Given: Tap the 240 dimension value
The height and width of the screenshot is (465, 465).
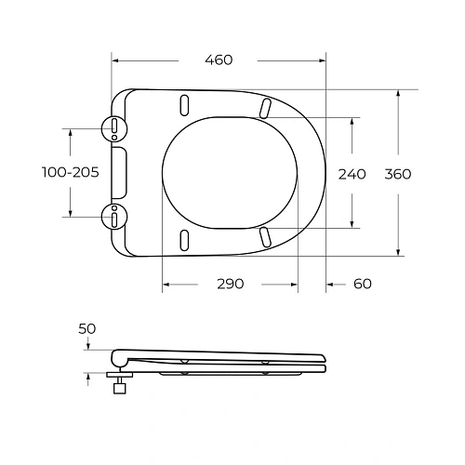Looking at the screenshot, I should coord(352,173).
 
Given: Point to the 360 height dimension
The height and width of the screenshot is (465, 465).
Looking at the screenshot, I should coord(397,173).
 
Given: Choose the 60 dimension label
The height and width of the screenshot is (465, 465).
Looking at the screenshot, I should coord(362,283).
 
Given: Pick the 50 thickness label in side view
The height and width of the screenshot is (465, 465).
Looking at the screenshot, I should coord(87,329).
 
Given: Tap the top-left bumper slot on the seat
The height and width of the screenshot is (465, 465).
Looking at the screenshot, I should coord(183,104).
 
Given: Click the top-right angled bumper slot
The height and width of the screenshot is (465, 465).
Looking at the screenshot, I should coord(267,107).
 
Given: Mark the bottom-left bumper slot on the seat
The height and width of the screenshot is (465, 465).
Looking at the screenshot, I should coord(183,239).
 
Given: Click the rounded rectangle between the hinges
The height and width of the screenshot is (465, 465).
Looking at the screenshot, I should coord(120,172).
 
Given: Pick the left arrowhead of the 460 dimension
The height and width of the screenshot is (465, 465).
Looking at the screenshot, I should coord(115,60).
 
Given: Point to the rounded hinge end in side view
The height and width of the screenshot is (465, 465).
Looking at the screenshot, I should coord(115,357).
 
